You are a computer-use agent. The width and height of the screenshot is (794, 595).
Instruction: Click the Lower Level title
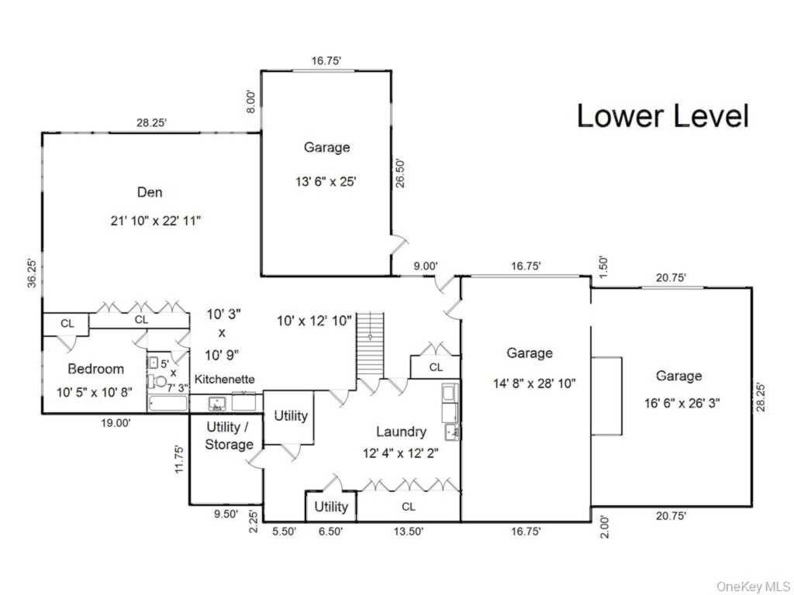[663, 116]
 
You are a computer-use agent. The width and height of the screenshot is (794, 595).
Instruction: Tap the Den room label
[150, 192]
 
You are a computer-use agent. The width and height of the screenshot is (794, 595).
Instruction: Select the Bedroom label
[95, 369]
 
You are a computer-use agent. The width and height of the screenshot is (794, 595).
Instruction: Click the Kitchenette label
[224, 380]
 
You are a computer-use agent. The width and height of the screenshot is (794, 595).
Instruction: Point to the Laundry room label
[401, 432]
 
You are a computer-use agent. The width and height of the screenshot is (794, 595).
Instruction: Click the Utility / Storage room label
[229, 435]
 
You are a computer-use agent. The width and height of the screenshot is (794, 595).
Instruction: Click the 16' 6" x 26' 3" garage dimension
[678, 402]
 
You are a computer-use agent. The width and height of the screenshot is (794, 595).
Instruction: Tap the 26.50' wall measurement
[400, 174]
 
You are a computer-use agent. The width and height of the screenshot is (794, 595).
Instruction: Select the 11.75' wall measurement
[179, 459]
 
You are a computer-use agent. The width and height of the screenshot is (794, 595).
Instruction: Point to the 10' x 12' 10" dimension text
[316, 319]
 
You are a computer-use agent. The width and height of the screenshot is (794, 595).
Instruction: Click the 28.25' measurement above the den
[150, 122]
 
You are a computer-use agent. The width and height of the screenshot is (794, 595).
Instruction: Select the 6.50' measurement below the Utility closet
[331, 531]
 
